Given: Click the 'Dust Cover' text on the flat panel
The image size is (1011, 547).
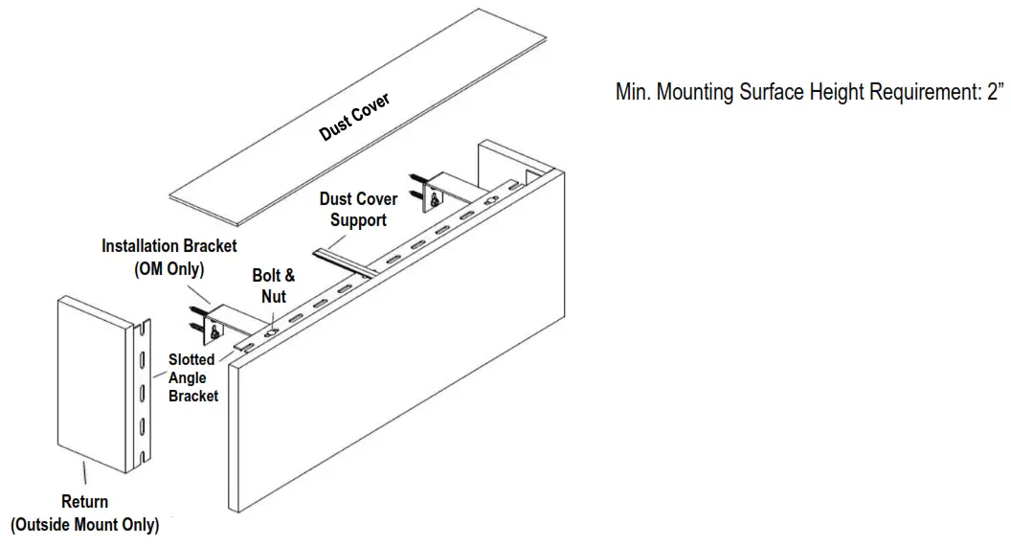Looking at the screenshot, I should pos(355,117).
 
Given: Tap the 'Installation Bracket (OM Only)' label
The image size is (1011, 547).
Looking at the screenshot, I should pos(169,258).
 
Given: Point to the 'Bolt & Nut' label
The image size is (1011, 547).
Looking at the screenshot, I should pos(274,285).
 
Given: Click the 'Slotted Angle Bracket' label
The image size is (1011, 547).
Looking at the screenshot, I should pos(192,377).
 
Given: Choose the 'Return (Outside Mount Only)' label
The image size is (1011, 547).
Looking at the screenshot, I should pos(85,513).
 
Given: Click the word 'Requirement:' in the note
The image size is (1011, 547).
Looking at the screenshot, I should pos(920,93).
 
